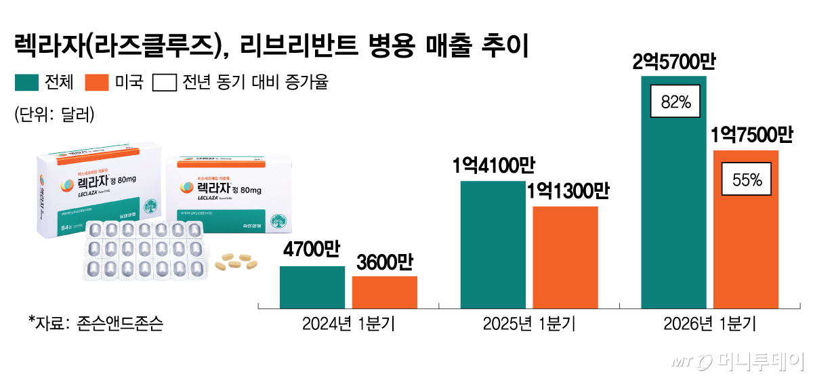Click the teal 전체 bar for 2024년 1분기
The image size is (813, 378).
pos(312,287)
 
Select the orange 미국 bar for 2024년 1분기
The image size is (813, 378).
pos(384,292)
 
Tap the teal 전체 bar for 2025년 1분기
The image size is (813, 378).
pos(493,245)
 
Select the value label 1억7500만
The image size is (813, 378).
pos(751,136)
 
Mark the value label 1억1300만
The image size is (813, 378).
pos(567,192)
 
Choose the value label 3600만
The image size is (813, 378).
pos(384,262)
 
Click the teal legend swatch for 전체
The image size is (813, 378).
pos(26,83)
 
